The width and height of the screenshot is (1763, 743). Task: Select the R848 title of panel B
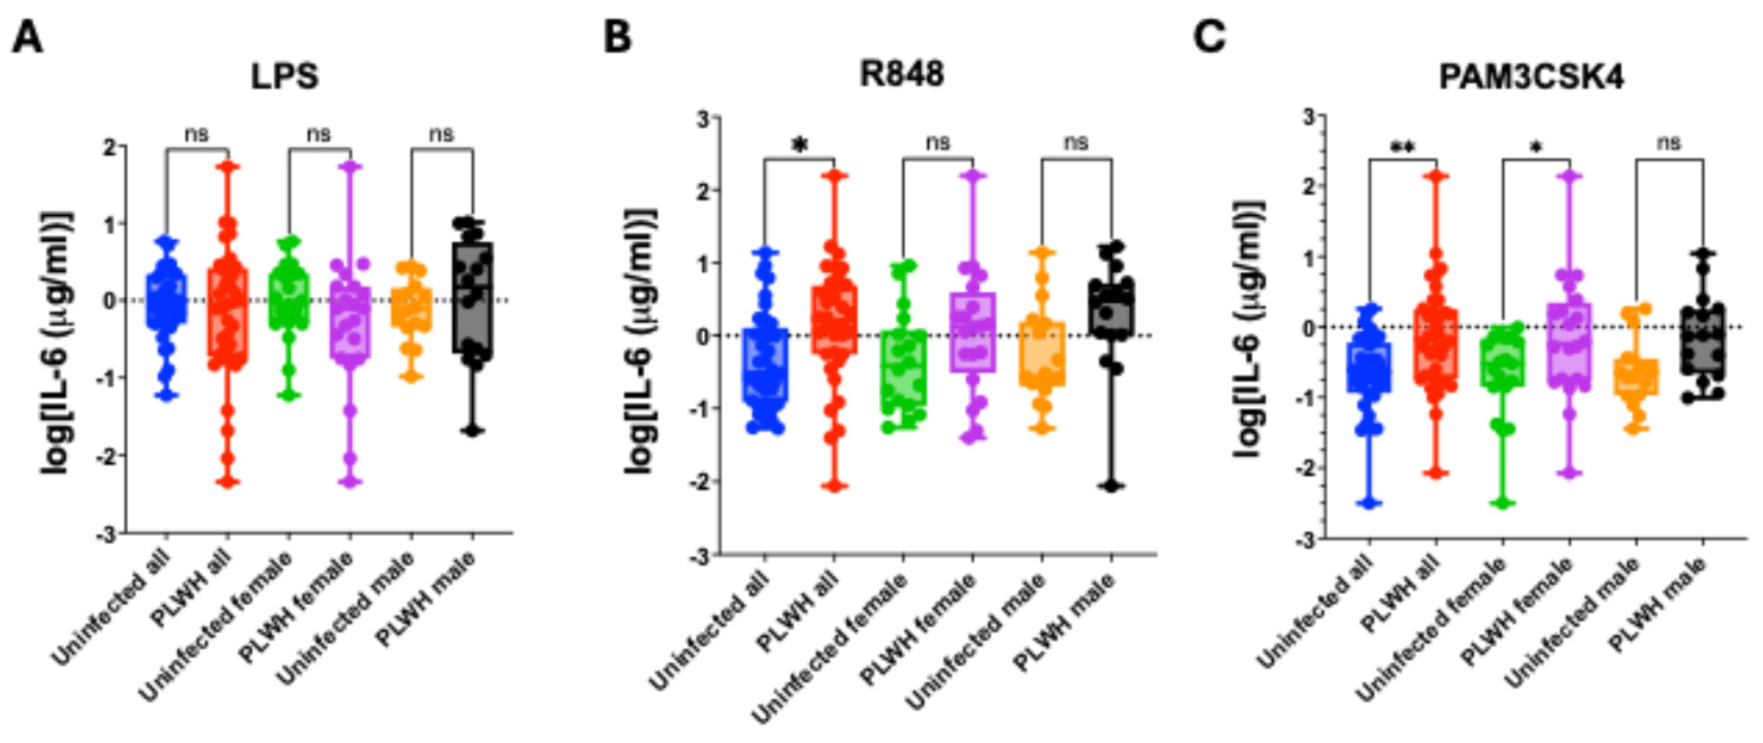(x=901, y=74)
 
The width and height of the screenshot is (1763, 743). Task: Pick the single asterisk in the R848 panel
(x=799, y=145)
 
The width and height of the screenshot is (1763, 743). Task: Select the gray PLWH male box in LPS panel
(x=472, y=297)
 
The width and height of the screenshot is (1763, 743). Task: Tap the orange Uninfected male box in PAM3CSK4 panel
(x=1636, y=377)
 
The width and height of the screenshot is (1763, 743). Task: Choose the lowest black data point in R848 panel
(x=1111, y=486)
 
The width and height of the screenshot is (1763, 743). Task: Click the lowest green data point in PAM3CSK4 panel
(x=1503, y=503)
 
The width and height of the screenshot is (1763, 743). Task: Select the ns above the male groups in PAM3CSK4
(x=1669, y=144)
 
